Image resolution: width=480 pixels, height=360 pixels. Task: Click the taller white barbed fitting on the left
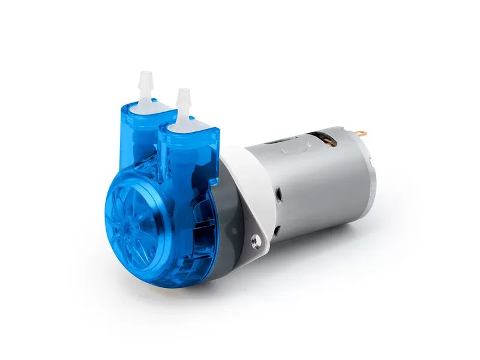(144, 86)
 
